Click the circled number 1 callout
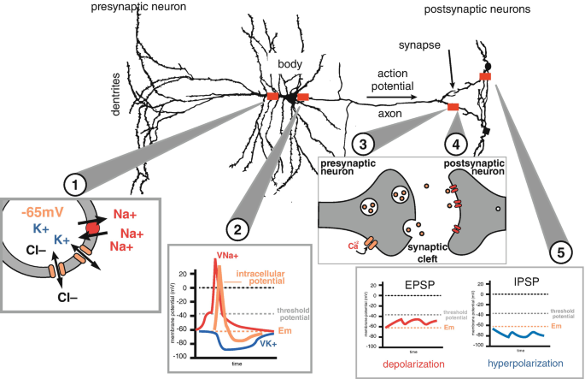coord(77,182)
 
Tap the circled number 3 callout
coord(365,143)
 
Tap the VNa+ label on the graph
coord(228,254)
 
